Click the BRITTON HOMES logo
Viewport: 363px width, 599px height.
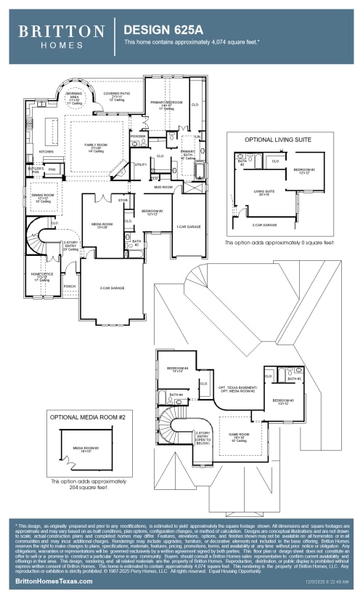[x=61, y=36]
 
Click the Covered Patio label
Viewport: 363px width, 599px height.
[x=116, y=96]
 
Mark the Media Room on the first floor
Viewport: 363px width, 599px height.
[x=102, y=225]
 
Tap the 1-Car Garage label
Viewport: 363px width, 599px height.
[x=188, y=227]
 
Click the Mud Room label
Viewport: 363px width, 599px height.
[x=163, y=187]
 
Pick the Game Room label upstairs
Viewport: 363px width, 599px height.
[x=240, y=436]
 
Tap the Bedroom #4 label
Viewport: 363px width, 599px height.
[x=176, y=369]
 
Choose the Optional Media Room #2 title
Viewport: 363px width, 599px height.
[x=87, y=417]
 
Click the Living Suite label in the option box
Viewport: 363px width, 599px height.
[x=264, y=193]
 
